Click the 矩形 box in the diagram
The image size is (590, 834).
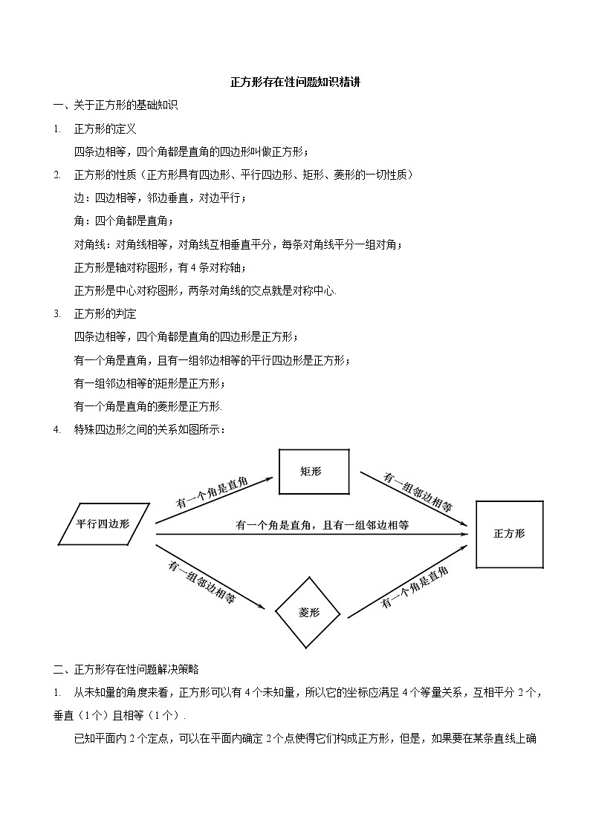[314, 472]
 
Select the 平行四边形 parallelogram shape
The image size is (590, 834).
[104, 524]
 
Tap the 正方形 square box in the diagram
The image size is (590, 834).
[509, 534]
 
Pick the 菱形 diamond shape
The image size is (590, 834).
[308, 613]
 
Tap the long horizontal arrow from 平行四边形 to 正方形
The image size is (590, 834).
[312, 534]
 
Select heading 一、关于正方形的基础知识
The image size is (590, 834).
[115, 105]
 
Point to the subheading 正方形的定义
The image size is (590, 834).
[105, 128]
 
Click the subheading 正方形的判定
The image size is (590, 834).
[105, 313]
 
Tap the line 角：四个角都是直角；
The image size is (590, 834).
[124, 221]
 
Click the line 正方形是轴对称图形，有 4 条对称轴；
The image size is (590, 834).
[160, 267]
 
